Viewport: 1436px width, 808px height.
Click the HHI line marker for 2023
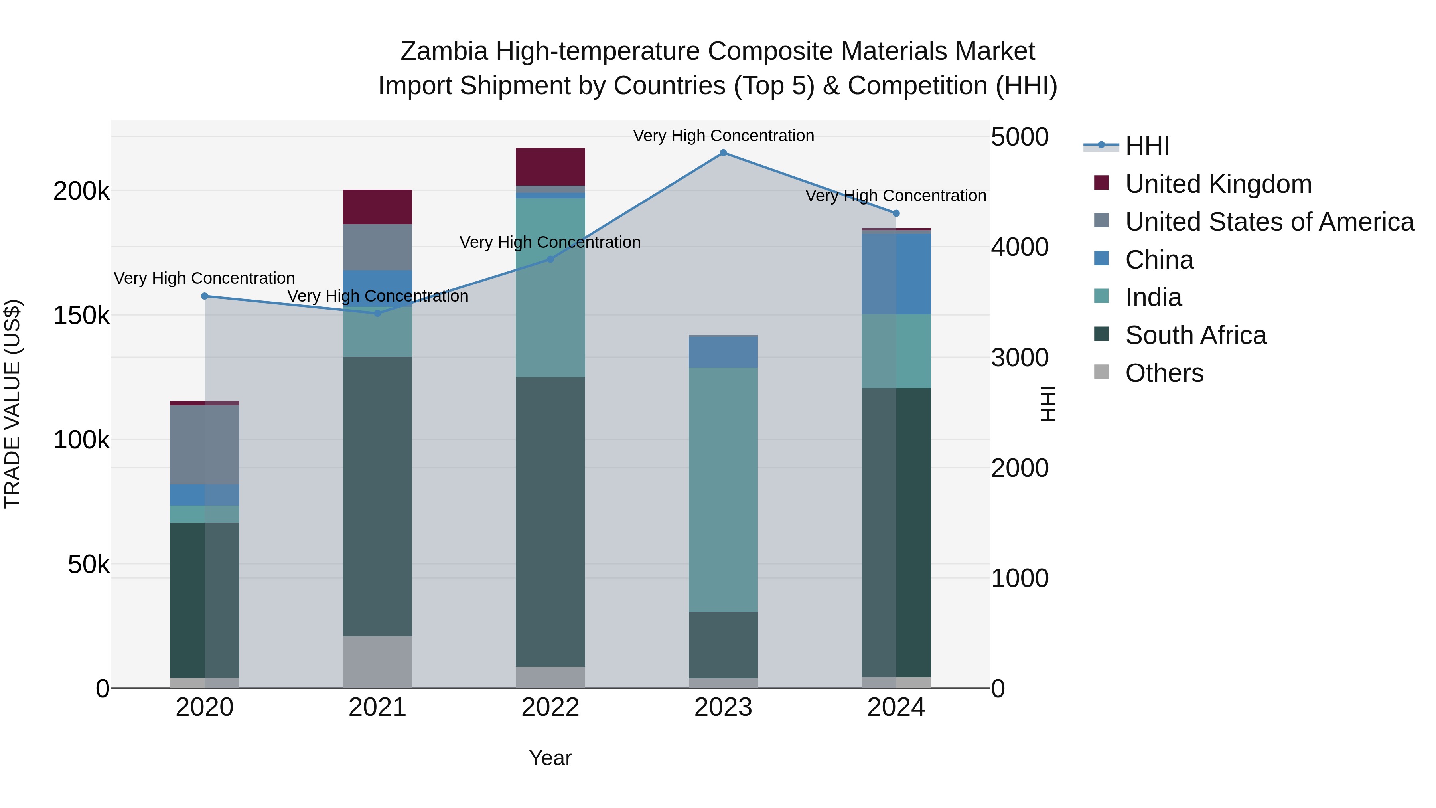tap(723, 153)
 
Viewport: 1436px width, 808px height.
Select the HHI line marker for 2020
tap(205, 296)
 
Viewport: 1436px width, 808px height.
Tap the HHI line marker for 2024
tap(896, 213)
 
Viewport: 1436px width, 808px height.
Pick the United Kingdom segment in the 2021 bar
tap(377, 207)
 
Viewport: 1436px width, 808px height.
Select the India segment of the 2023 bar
tap(723, 490)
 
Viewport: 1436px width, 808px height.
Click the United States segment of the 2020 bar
tap(205, 445)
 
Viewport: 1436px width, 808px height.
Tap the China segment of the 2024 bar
tap(896, 274)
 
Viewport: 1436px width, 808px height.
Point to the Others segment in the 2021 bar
tap(377, 662)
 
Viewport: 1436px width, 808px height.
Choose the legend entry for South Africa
tap(1196, 335)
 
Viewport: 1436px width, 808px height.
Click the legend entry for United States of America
tap(1269, 222)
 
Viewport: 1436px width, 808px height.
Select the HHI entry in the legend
tap(1147, 146)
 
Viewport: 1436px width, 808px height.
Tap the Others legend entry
tap(1164, 373)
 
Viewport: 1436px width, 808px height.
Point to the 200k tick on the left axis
tap(81, 191)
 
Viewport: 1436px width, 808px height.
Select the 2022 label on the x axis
tap(550, 707)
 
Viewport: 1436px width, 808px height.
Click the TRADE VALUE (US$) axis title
tap(12, 404)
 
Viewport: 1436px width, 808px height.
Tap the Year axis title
tap(550, 758)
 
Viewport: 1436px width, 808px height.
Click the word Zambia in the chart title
tap(444, 51)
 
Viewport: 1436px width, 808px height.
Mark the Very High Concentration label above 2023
tap(723, 136)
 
